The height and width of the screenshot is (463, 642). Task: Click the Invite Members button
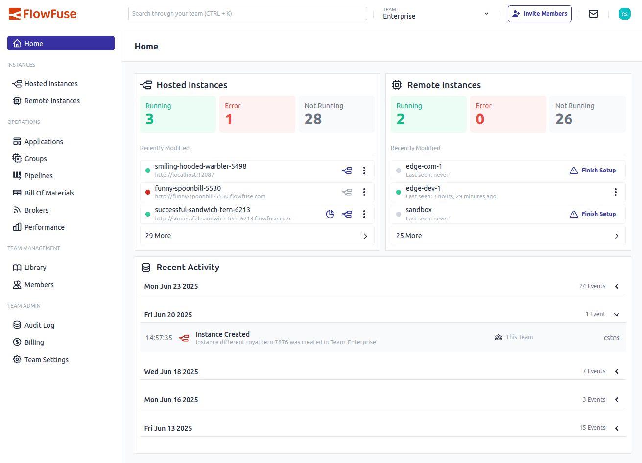click(x=540, y=14)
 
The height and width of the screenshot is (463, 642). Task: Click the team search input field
click(x=247, y=14)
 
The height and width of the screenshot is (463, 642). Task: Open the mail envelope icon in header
click(x=594, y=14)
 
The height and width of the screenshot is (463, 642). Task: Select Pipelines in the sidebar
click(x=38, y=176)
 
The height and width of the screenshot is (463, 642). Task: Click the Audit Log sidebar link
click(x=39, y=325)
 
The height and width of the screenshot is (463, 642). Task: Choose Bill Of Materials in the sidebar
click(x=49, y=193)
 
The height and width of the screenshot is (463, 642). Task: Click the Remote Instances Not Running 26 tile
click(x=587, y=114)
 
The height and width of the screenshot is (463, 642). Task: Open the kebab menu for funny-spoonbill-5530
click(x=364, y=192)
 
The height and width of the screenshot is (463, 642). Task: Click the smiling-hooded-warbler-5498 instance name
click(x=201, y=166)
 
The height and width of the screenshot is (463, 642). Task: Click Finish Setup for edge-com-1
click(x=593, y=171)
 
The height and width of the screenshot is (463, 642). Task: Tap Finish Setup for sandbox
click(x=593, y=214)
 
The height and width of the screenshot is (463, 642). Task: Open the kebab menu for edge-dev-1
click(x=616, y=192)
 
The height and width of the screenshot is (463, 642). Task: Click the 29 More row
click(x=257, y=236)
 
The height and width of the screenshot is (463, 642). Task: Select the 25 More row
click(x=508, y=236)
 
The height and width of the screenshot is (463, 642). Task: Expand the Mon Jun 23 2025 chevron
click(x=617, y=286)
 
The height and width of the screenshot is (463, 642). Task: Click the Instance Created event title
click(x=223, y=334)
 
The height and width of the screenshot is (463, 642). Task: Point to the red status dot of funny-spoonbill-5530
click(x=148, y=192)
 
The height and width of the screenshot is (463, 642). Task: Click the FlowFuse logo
click(x=43, y=14)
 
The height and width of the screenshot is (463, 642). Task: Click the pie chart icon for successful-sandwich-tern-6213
click(x=330, y=214)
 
